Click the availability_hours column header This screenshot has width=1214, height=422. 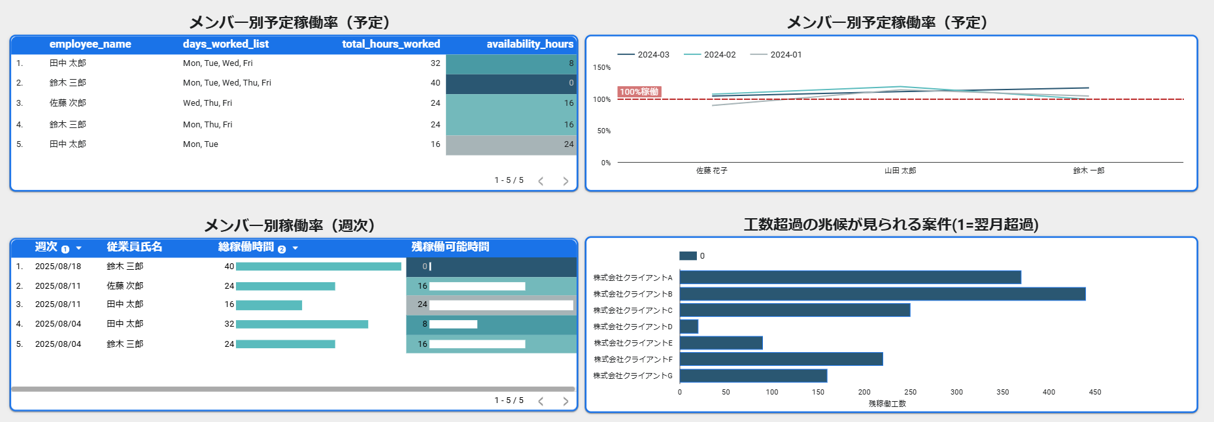tap(530, 44)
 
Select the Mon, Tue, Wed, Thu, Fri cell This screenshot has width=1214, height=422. tap(227, 83)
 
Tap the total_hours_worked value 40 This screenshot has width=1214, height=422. tap(435, 83)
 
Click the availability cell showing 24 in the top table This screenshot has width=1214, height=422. tap(569, 144)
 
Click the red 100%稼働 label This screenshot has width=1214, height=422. tap(639, 92)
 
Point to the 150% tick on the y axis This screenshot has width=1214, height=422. tap(601, 67)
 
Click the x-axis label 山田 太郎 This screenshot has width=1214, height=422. tap(900, 170)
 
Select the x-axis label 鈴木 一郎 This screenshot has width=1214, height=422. tap(1088, 170)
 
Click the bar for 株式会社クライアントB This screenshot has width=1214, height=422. tap(883, 294)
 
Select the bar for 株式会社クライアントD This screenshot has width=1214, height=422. tap(689, 327)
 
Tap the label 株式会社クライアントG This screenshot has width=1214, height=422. tap(633, 376)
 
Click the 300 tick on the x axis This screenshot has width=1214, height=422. tap(956, 392)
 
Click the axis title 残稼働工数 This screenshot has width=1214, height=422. tap(887, 404)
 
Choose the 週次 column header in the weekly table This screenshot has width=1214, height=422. tap(46, 247)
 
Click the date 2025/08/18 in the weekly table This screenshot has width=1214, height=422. tap(58, 267)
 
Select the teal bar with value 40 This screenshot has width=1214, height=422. tap(318, 267)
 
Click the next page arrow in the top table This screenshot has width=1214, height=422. tap(565, 181)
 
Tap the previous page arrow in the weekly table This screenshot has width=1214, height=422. tap(541, 401)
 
